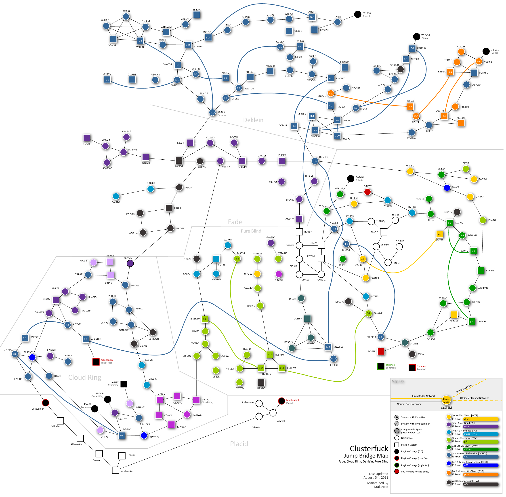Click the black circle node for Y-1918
358,14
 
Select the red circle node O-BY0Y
367,192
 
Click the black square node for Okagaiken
96,362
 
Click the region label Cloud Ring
84,377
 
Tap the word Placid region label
239,444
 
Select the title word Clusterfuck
369,448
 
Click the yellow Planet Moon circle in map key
446,400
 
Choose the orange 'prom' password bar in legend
481,475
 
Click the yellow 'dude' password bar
481,419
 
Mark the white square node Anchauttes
115,470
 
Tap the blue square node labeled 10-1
312,17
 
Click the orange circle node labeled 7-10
331,93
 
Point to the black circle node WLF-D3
417,36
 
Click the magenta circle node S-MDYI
279,274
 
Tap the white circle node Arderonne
259,404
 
